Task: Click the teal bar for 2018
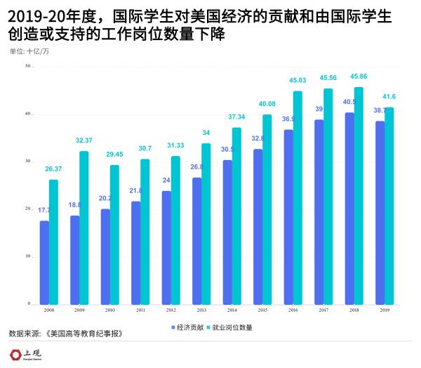[x=359, y=196]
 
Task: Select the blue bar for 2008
[x=44, y=263]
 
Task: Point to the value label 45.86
[x=359, y=76]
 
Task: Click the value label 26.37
[x=53, y=169]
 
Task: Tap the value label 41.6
[x=389, y=96]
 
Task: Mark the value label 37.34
[x=236, y=117]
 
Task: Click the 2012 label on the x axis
[x=171, y=310]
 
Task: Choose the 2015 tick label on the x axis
[x=262, y=310]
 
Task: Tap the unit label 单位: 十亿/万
[x=29, y=52]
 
